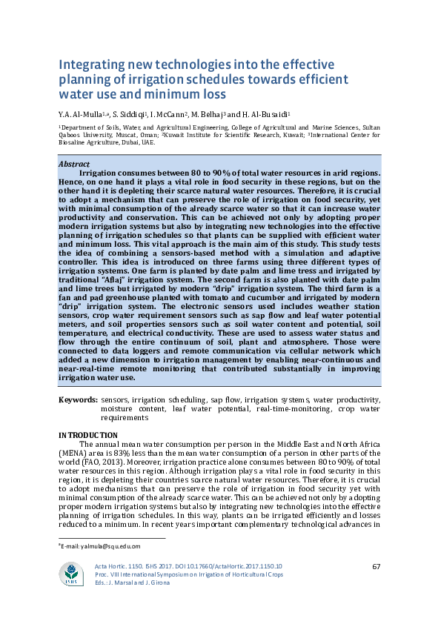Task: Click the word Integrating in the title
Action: tap(90, 64)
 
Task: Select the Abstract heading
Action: tap(74, 164)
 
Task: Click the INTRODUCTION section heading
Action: tap(88, 435)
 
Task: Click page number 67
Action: tap(375, 567)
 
